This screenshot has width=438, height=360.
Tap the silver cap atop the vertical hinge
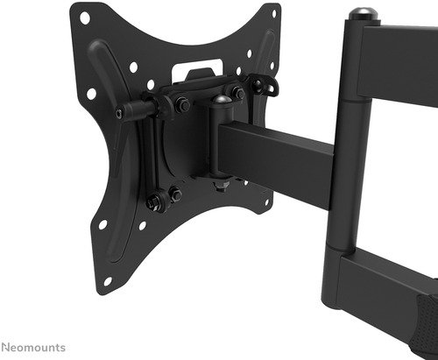[x=359, y=14]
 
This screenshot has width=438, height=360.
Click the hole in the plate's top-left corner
[x=84, y=17]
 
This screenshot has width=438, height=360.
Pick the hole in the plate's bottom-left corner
[x=108, y=280]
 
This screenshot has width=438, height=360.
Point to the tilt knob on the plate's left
[x=132, y=112]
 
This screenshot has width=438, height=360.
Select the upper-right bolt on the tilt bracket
[x=237, y=91]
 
